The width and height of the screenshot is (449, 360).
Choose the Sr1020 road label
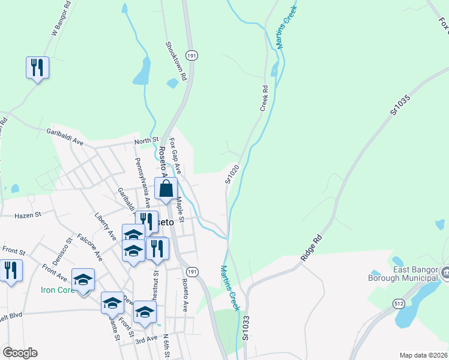click(x=232, y=173)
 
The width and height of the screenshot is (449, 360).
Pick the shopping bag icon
click(x=166, y=188)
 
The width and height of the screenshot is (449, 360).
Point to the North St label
click(x=146, y=140)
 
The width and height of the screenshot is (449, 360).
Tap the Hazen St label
click(x=27, y=214)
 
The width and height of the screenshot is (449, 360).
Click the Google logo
click(x=20, y=353)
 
